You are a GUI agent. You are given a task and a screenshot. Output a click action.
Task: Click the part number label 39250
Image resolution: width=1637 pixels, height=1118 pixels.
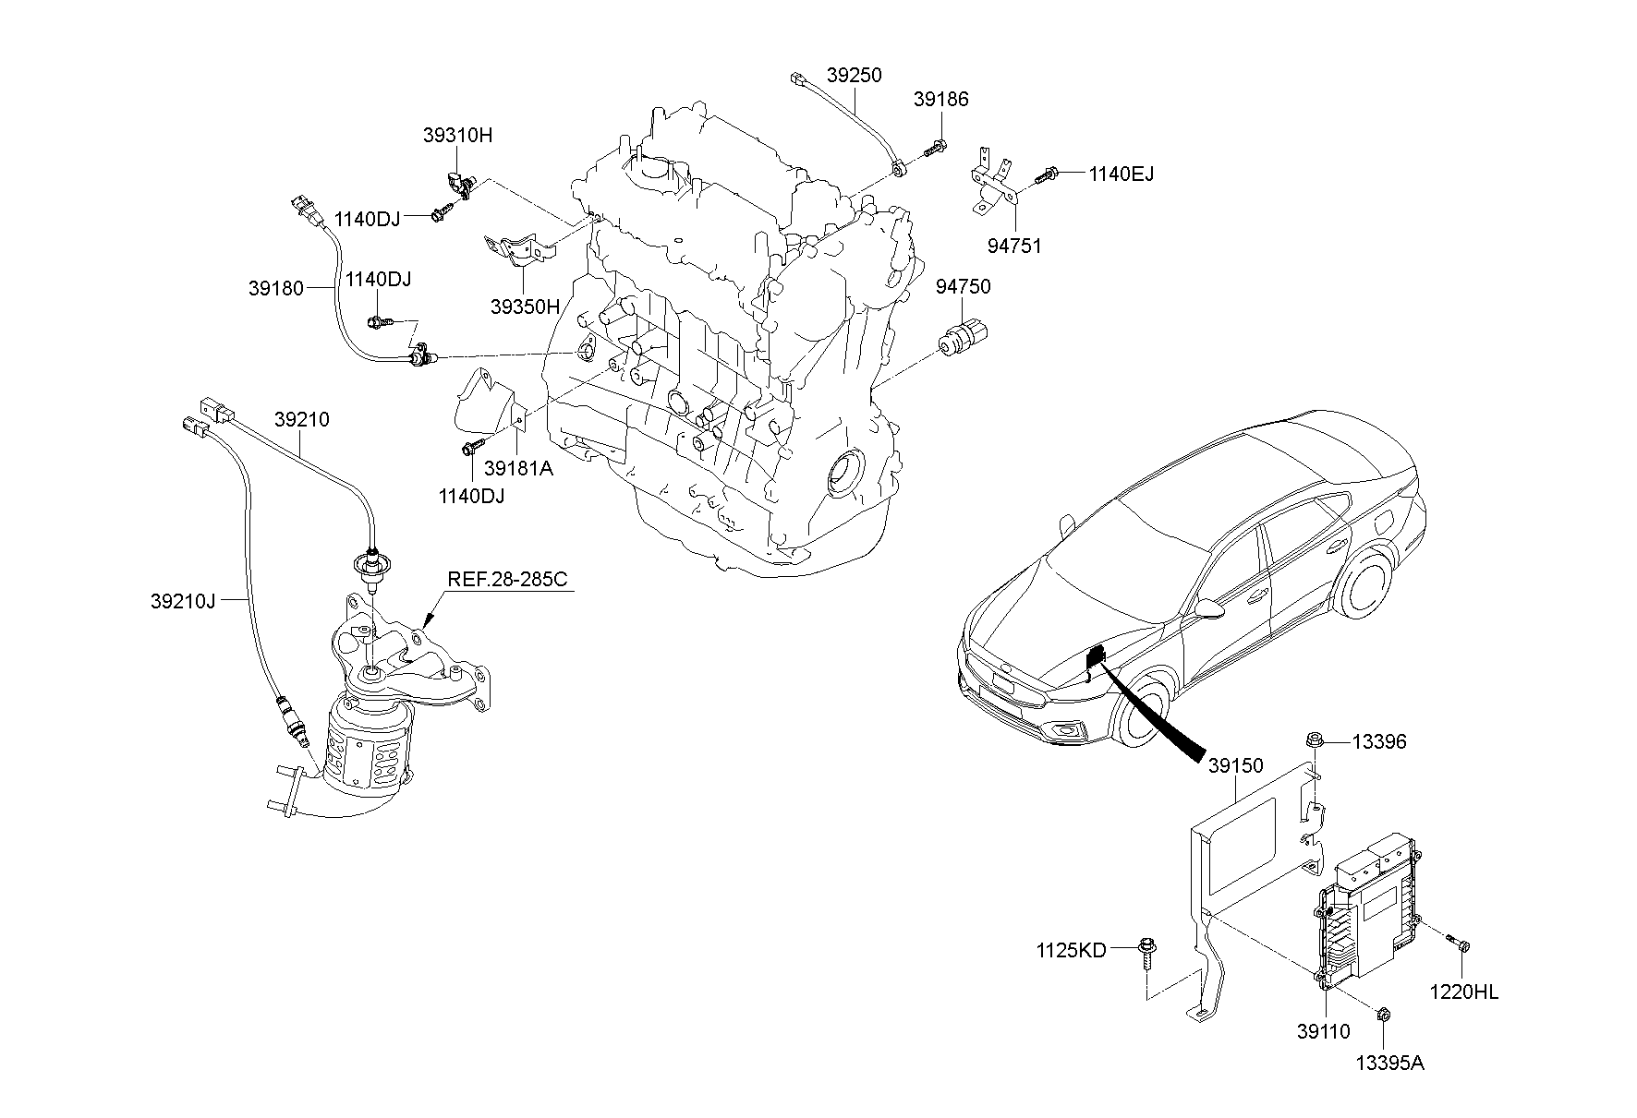(x=854, y=75)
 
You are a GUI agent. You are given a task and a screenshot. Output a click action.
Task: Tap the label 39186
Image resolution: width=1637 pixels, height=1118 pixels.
(x=941, y=99)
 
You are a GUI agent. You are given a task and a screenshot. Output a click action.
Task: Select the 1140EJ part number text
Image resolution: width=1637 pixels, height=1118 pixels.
(x=1121, y=174)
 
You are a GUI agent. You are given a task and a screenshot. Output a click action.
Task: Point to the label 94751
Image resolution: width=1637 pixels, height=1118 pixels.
(x=1013, y=246)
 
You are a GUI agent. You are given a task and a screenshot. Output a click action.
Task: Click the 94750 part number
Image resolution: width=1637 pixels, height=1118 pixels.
(x=963, y=286)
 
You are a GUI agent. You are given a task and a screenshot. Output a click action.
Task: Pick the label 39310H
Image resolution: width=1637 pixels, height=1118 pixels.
(x=458, y=135)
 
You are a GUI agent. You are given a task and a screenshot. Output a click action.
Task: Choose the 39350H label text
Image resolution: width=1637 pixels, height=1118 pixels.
(x=525, y=307)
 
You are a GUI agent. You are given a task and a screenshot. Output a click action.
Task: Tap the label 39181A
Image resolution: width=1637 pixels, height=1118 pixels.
(x=518, y=467)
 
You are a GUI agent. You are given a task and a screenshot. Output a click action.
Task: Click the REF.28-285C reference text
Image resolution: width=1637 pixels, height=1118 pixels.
(x=507, y=579)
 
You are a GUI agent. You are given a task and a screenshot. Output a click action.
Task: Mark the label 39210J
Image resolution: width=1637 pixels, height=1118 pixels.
(x=182, y=601)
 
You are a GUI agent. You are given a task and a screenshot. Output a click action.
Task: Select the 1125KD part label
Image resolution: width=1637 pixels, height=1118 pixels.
(x=1071, y=950)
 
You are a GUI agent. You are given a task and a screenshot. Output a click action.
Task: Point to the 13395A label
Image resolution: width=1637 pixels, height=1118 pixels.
(x=1390, y=1063)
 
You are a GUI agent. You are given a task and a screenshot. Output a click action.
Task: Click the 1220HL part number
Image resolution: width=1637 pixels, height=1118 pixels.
(x=1464, y=992)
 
